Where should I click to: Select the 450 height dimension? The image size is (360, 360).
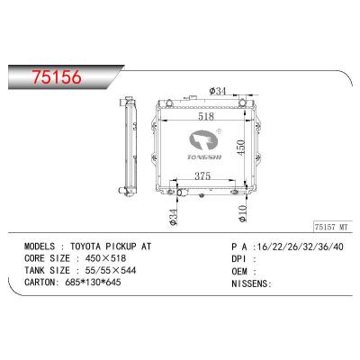[x=241, y=148]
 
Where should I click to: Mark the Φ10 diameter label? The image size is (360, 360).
[x=241, y=211]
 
